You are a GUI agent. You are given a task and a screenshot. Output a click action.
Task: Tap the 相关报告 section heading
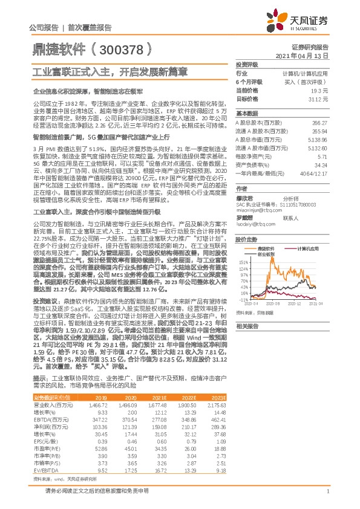[247, 343]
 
